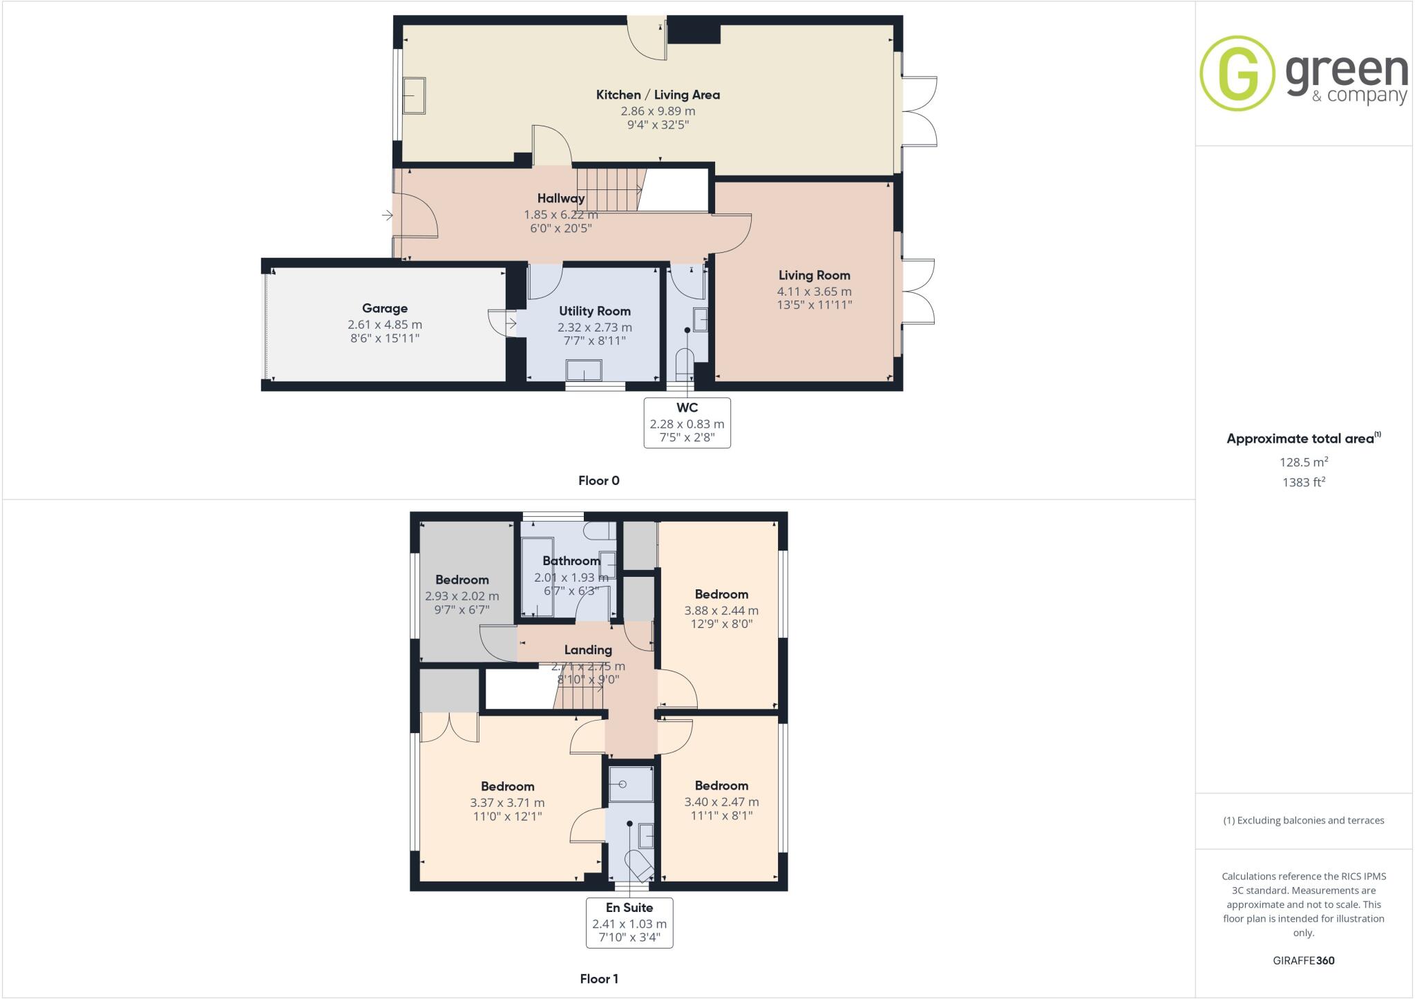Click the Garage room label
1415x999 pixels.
point(385,308)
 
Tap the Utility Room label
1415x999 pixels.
point(594,311)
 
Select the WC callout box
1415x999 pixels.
point(687,422)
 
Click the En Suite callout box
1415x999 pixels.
point(629,922)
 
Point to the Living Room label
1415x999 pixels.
point(814,275)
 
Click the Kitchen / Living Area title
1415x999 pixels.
point(658,95)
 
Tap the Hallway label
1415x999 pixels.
point(561,198)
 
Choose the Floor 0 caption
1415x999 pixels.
point(599,481)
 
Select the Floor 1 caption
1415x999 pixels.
point(599,978)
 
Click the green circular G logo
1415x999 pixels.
point(1237,73)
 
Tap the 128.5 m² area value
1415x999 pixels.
point(1304,462)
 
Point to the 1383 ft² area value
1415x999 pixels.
point(1304,482)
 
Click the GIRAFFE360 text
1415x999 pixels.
point(1304,960)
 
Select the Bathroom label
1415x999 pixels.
point(571,560)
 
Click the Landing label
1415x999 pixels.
point(588,649)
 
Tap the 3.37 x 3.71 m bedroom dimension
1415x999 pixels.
point(507,803)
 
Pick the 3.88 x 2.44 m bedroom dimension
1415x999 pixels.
point(721,611)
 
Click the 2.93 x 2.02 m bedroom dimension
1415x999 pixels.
point(462,596)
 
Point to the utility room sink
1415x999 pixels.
point(584,371)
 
